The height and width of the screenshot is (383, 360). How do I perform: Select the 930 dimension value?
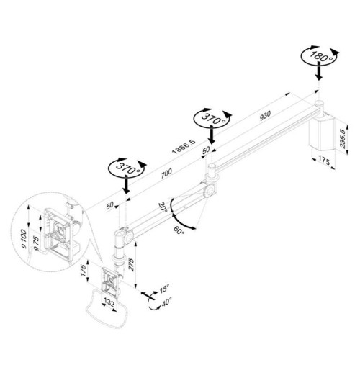point(265,115)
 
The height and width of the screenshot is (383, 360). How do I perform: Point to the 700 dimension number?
point(166,174)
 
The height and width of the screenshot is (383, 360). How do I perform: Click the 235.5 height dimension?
point(343,139)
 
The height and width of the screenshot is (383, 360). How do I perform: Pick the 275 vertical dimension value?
point(131,264)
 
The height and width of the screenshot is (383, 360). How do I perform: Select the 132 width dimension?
point(109,303)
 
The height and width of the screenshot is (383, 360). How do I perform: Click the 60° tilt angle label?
point(179,230)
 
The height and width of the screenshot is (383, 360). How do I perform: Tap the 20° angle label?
point(163,207)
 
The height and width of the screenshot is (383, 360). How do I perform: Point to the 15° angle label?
point(164,289)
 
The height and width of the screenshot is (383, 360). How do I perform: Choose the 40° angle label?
point(166,302)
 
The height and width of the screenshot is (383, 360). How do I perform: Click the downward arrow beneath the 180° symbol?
point(319,71)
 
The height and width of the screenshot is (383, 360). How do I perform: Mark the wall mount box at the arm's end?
point(321,133)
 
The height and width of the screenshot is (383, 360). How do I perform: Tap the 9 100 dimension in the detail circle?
point(24,238)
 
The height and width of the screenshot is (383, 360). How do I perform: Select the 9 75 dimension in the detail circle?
point(36,243)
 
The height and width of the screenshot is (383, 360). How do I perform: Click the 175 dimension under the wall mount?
point(324,161)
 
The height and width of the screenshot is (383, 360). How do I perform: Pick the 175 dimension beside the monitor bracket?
point(83,271)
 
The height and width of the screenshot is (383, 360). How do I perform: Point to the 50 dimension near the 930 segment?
point(206,150)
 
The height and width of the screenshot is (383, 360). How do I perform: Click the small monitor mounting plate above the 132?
point(110,281)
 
